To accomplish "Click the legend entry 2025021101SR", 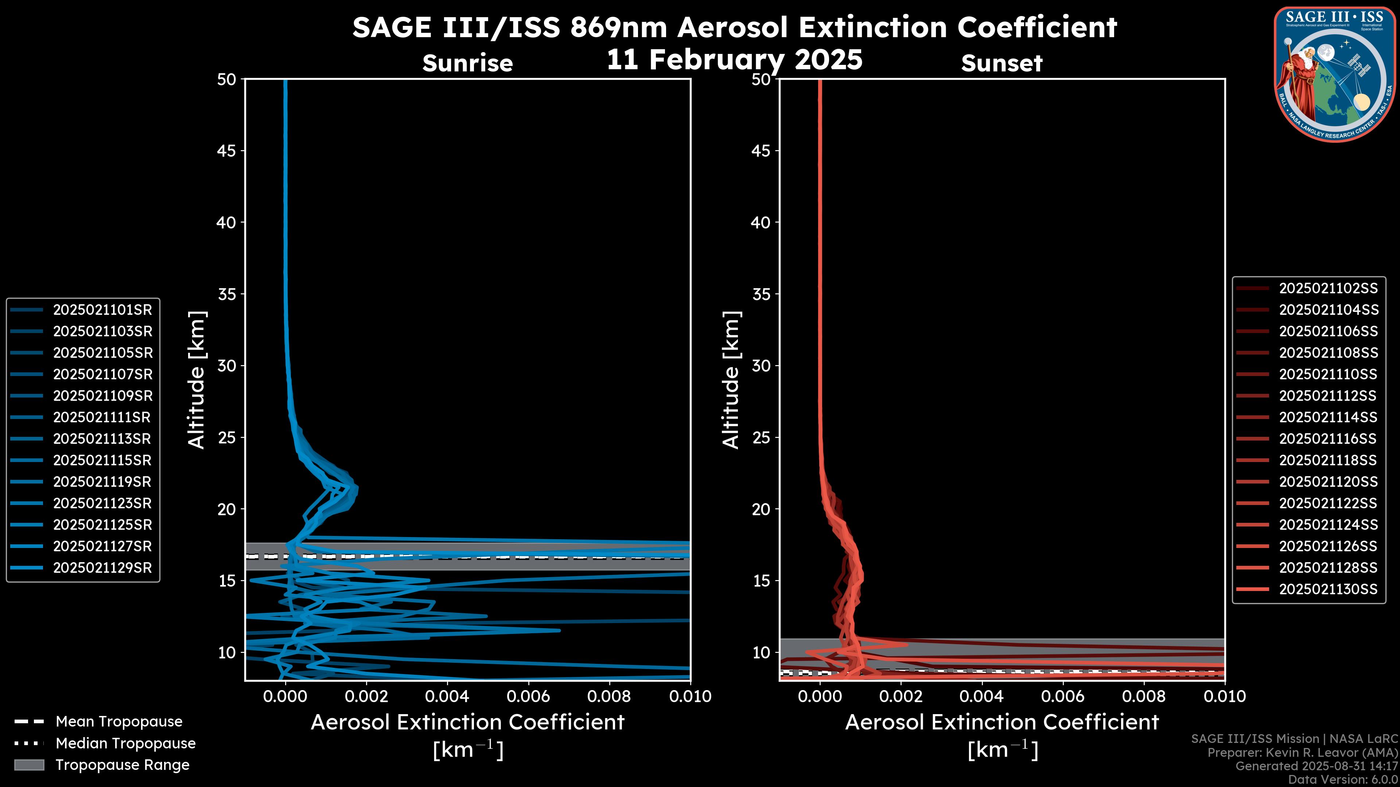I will point(102,310).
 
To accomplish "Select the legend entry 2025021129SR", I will point(102,568).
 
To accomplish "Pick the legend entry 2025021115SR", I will point(102,461).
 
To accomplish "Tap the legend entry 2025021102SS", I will point(1328,289).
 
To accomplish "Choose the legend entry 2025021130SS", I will point(1328,589).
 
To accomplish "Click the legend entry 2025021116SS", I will point(1328,439).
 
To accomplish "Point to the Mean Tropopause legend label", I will point(119,722).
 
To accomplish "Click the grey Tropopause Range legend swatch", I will point(29,765).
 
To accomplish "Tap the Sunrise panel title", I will point(467,63).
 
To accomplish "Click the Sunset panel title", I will point(1002,63).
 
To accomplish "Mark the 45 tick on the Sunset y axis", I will point(761,151).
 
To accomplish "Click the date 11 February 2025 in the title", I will point(734,60).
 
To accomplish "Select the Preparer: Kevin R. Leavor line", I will point(1302,753).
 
